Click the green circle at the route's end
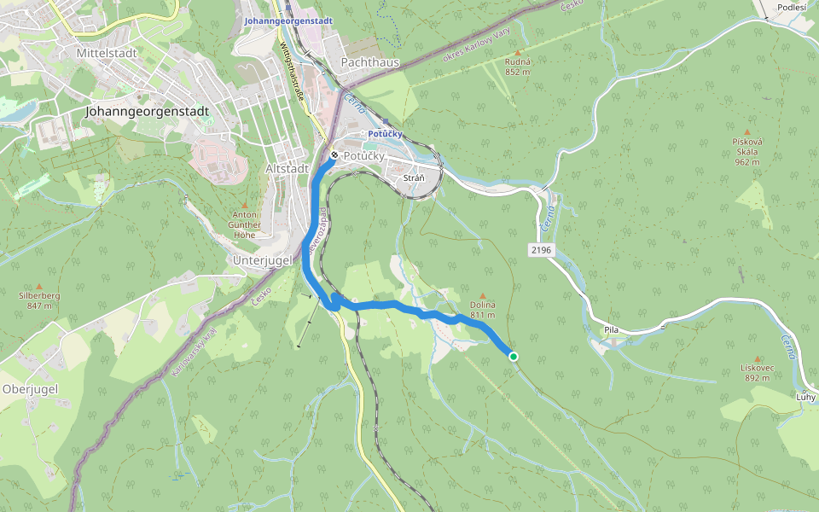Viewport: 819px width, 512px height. [x=514, y=357]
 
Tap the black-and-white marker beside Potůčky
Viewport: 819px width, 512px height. [x=334, y=156]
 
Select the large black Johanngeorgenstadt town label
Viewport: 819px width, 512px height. [x=148, y=111]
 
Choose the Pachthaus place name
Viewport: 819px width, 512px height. [x=369, y=62]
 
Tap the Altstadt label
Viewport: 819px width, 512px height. [x=288, y=169]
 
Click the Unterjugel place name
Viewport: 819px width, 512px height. [x=262, y=259]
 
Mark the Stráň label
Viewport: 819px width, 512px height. [x=414, y=177]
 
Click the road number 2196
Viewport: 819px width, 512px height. [x=541, y=250]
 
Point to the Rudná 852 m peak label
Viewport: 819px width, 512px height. [x=518, y=67]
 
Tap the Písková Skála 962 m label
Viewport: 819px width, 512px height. [x=746, y=151]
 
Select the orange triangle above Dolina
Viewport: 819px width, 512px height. [x=482, y=296]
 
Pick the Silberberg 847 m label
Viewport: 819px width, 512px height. [x=39, y=300]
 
